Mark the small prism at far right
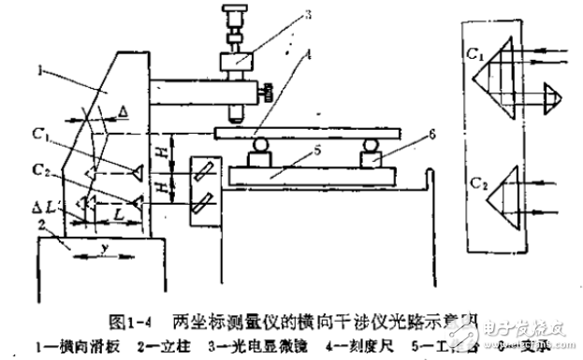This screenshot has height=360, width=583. pos(550,94)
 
